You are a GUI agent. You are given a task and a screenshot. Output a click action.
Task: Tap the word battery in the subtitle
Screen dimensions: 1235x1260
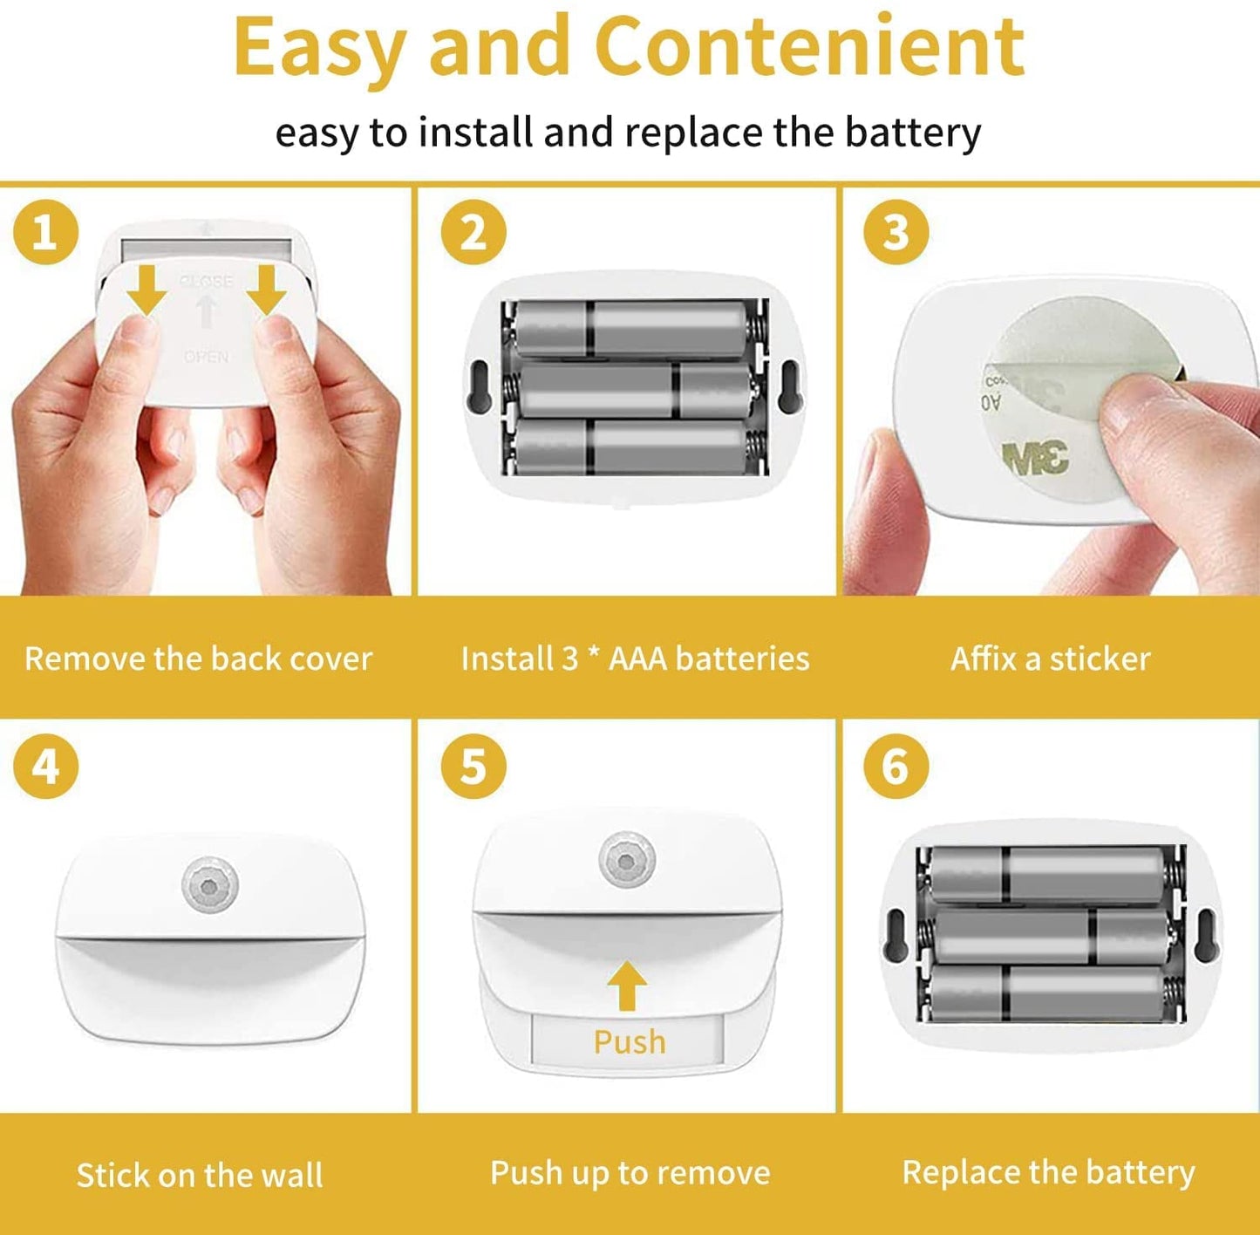click(912, 133)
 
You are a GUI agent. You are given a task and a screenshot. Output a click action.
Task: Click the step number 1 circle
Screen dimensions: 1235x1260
click(45, 232)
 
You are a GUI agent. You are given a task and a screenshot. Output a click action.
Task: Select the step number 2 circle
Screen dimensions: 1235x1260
click(473, 232)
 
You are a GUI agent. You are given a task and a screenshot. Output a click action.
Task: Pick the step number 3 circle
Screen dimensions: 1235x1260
click(896, 232)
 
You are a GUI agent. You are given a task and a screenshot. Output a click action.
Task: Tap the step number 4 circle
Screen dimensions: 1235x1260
click(45, 766)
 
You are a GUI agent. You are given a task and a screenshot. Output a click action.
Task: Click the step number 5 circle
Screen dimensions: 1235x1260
click(473, 766)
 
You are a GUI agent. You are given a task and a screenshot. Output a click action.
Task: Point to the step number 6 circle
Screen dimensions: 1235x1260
click(896, 766)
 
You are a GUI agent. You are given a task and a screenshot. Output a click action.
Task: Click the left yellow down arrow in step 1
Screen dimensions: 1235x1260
click(147, 290)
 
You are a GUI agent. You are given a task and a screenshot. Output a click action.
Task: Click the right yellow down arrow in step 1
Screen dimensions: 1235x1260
click(266, 290)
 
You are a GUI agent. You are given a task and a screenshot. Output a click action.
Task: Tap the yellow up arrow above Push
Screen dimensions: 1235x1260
click(627, 985)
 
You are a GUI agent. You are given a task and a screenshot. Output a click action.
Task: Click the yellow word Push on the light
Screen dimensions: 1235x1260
click(629, 1042)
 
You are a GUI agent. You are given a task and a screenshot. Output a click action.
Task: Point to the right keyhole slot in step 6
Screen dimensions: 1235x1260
click(1205, 934)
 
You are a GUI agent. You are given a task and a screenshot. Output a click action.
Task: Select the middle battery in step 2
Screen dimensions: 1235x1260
click(634, 391)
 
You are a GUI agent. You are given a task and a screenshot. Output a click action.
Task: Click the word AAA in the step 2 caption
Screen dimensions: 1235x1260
click(638, 658)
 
